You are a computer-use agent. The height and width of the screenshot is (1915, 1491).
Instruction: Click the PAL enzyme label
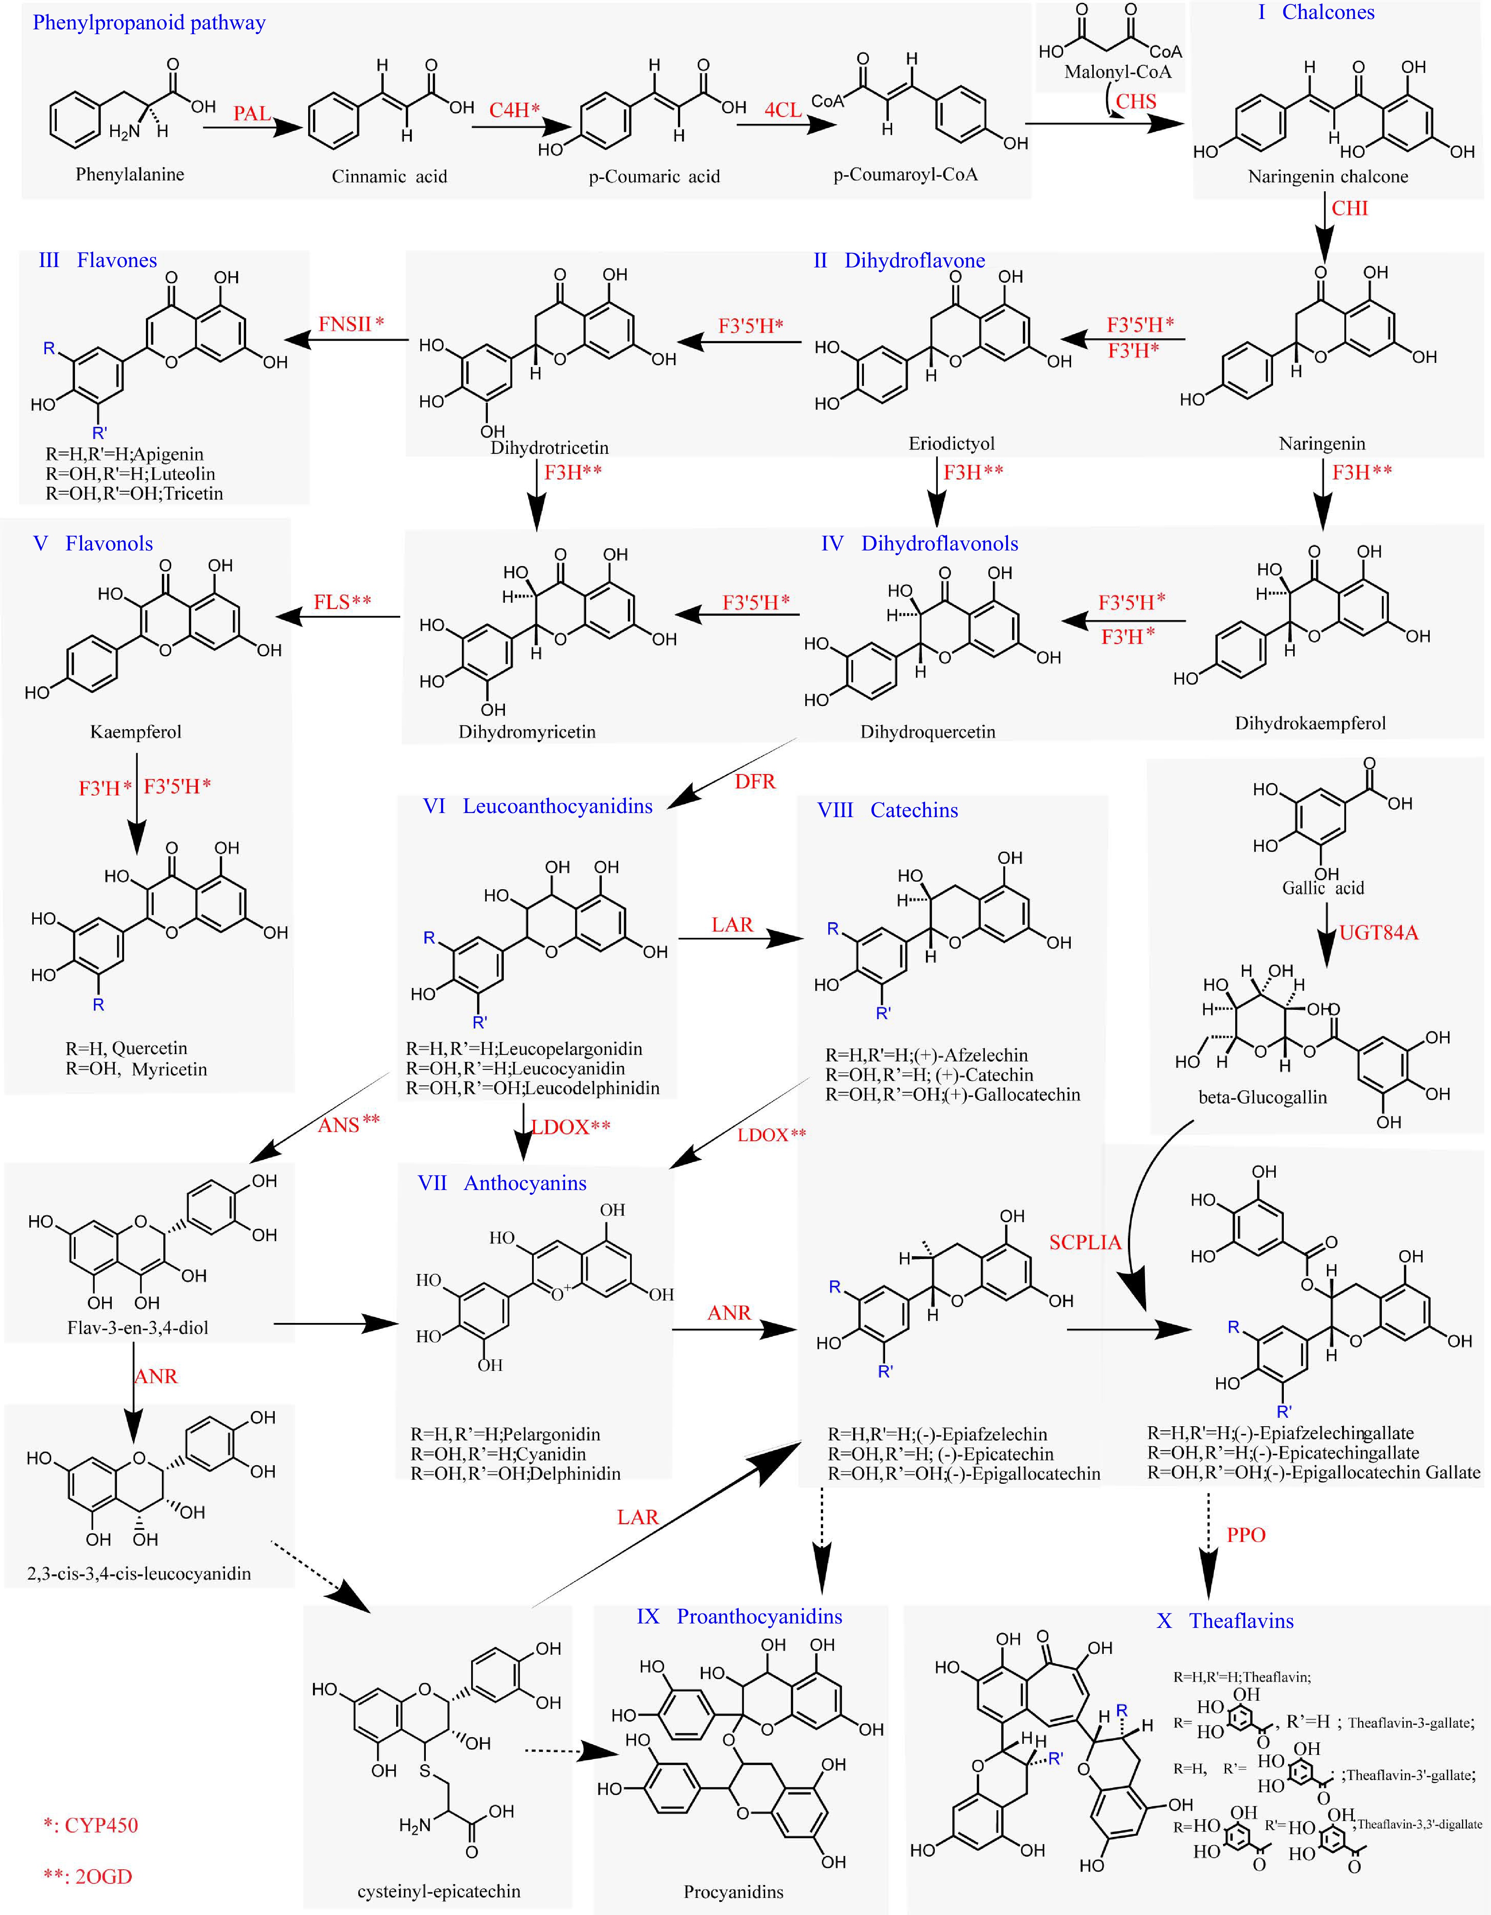[252, 113]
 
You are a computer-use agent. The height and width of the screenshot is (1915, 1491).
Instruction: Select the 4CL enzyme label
[783, 110]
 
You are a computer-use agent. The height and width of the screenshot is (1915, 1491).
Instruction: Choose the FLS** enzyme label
[342, 602]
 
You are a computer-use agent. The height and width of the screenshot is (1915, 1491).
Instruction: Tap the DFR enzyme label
[755, 781]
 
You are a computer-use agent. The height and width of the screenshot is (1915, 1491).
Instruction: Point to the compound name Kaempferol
[136, 731]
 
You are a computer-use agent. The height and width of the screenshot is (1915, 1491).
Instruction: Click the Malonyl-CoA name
[1118, 72]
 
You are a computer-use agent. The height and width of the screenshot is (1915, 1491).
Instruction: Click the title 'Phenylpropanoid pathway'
[149, 23]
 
